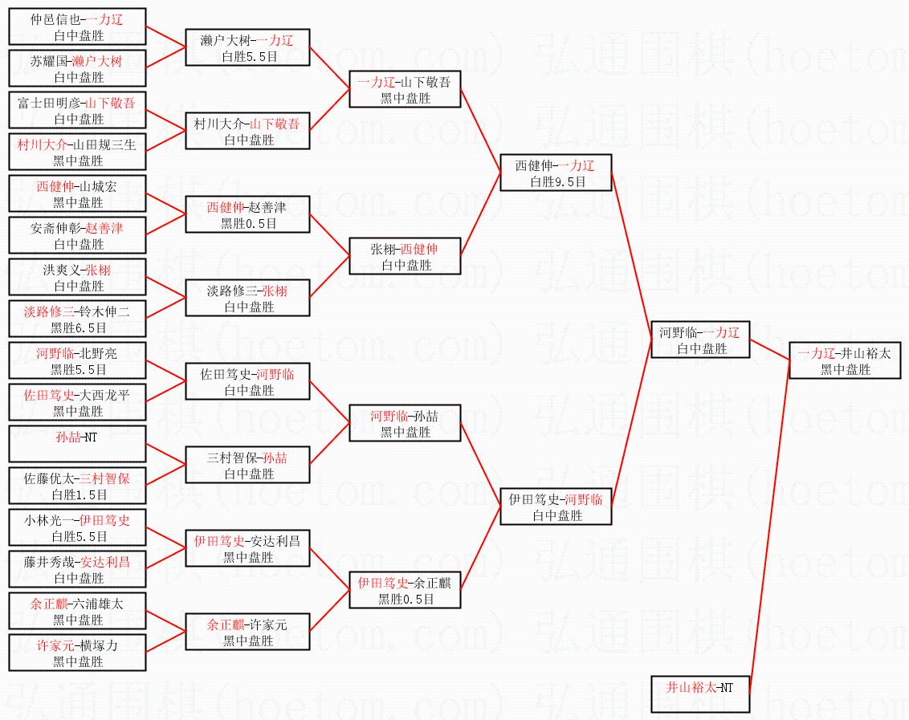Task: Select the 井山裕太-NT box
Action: (x=699, y=694)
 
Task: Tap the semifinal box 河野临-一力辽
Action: (x=699, y=340)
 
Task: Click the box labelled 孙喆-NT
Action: (x=77, y=444)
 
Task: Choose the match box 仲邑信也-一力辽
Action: (x=77, y=26)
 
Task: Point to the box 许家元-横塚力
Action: (x=77, y=653)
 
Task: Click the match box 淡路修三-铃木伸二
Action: (x=77, y=319)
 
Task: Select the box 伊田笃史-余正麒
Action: (x=405, y=590)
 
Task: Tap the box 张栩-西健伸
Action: (x=405, y=256)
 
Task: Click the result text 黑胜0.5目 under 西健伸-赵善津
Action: (x=248, y=224)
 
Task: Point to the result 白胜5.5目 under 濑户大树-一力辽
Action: (x=248, y=57)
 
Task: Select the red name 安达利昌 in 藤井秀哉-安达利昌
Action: (x=105, y=562)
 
